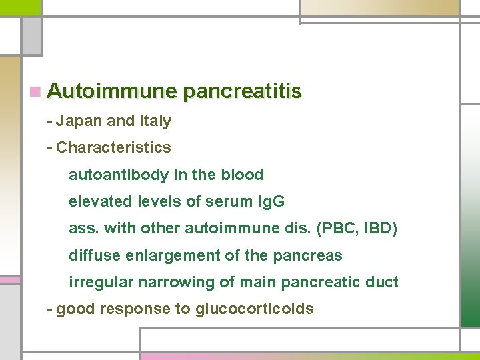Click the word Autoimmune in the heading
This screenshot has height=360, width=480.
pos(112,91)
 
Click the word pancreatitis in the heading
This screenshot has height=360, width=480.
pos(242,91)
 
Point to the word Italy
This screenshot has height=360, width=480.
pos(155,121)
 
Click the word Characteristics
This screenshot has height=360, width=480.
pos(113,147)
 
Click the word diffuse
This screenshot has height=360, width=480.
pos(90,255)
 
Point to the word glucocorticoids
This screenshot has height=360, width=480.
pos(254,309)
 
